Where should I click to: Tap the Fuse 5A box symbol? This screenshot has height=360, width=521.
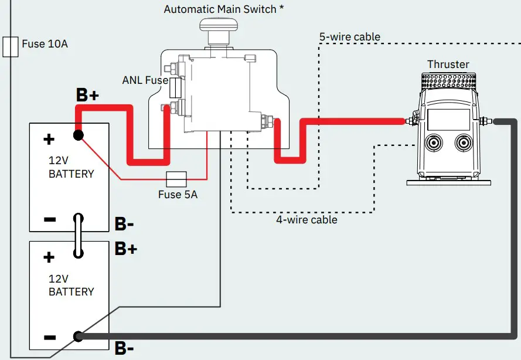coord(176,178)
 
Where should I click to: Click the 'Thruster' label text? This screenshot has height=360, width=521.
coord(448,64)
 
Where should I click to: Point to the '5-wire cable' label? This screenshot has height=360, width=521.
coord(349,37)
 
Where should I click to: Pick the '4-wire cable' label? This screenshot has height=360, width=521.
coord(307,220)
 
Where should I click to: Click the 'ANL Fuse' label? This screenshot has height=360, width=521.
coord(145,80)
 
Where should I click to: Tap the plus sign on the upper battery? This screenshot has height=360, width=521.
coord(49,139)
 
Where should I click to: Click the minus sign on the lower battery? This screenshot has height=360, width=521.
coord(50,338)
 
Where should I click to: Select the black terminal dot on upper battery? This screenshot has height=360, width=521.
coord(77,135)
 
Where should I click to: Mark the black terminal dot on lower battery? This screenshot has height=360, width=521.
coord(77,337)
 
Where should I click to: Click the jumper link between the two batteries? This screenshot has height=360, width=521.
coord(77,236)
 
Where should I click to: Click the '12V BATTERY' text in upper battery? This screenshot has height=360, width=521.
coord(71,168)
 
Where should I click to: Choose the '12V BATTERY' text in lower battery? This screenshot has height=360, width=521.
coord(71,285)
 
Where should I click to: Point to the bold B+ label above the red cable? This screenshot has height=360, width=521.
coord(87,96)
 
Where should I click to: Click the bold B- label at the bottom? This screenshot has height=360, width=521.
coord(124,349)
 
